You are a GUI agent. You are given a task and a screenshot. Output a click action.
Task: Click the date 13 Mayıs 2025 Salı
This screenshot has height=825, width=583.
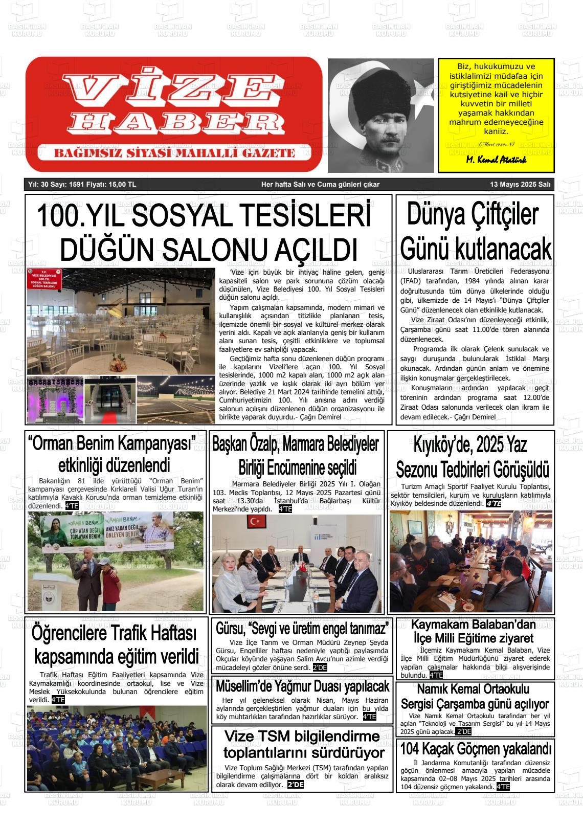[520, 185]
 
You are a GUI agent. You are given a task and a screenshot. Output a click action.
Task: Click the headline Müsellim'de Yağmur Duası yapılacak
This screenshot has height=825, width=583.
[302, 686]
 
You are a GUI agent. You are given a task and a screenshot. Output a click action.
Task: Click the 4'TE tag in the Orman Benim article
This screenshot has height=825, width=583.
[72, 506]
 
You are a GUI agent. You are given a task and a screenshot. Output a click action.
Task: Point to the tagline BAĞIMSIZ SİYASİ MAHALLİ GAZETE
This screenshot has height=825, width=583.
[174, 153]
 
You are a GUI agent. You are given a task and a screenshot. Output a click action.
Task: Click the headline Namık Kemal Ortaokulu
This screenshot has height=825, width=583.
[473, 688]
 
